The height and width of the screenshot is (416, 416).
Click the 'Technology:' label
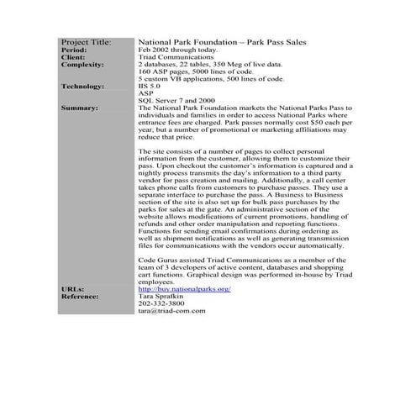(82, 86)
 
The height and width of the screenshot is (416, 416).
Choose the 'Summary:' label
(79, 108)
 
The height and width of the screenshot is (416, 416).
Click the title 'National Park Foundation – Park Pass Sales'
(222, 41)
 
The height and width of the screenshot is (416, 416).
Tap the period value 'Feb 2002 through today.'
(176, 50)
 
